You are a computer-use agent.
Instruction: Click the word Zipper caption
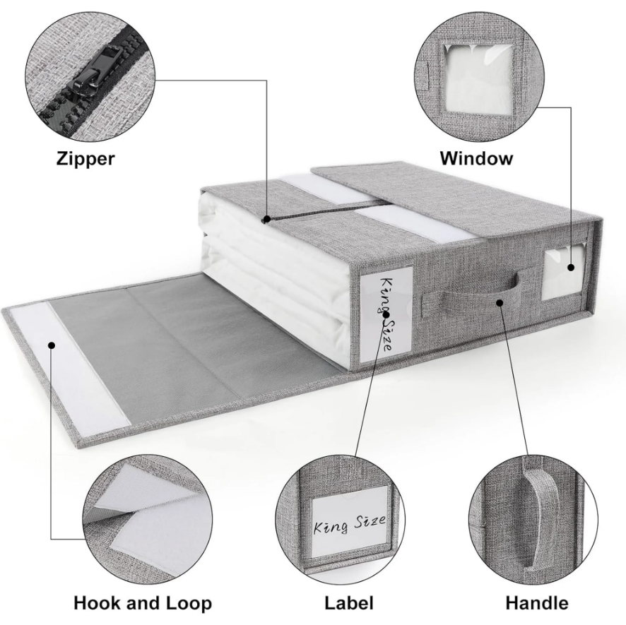85,158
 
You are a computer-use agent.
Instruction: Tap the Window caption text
476,158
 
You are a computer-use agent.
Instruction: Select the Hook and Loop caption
143,603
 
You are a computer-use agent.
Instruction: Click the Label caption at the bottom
349,602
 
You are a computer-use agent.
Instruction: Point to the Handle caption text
537,602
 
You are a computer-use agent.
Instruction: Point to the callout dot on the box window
571,268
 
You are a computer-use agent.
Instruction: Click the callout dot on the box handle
500,302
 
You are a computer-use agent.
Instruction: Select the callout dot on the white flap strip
51,345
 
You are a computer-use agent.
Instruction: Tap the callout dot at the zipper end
266,219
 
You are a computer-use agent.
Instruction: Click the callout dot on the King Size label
386,314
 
